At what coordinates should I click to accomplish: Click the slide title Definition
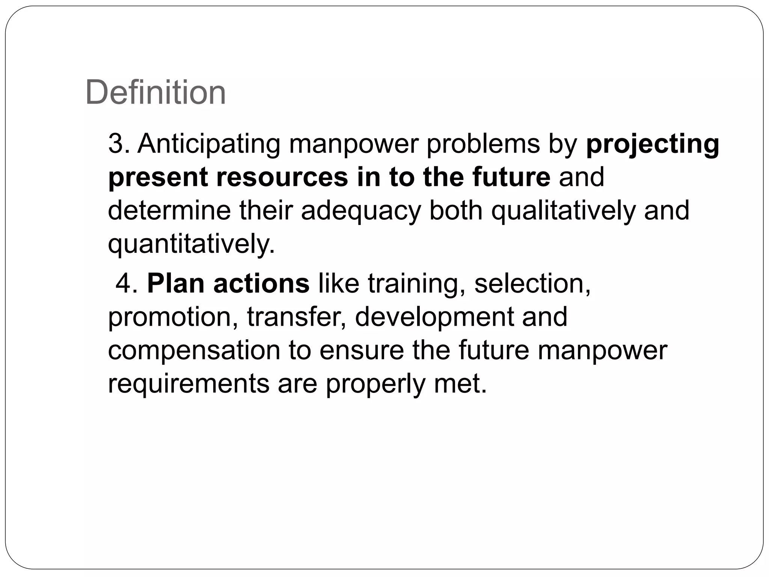(155, 92)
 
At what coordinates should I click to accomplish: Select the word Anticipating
(209, 144)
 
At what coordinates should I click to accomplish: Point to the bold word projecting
(653, 144)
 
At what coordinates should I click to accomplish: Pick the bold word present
(158, 178)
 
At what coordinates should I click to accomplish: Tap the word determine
(169, 210)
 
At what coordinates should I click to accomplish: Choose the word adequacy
(361, 211)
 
